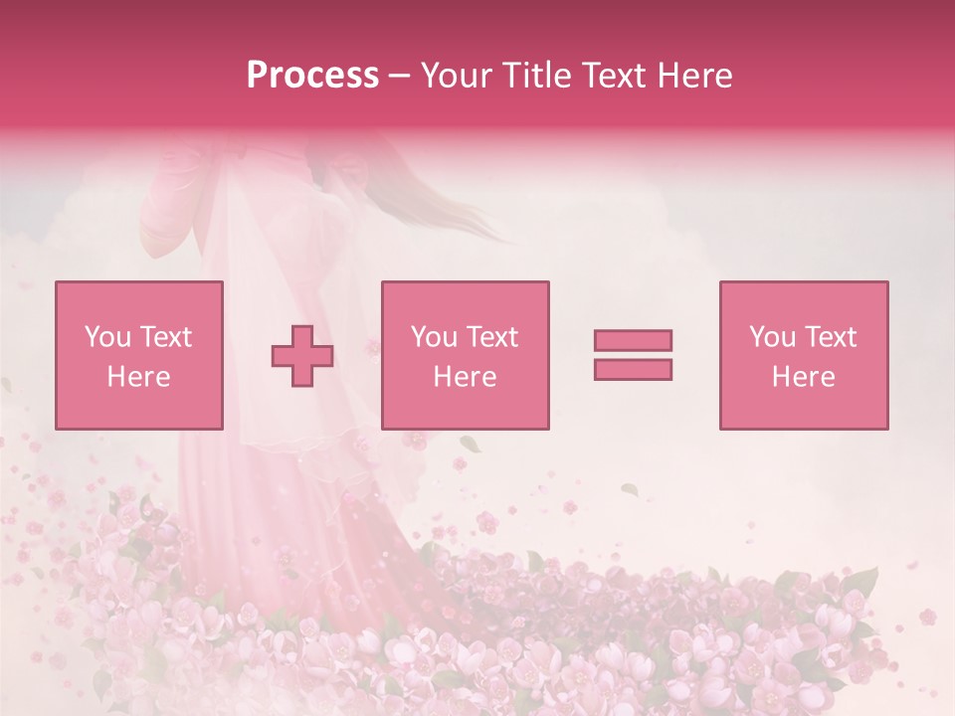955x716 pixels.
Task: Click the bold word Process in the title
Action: [312, 75]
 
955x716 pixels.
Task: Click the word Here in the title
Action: [693, 75]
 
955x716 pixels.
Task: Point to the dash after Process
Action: [400, 76]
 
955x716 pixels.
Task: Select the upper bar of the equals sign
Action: [633, 340]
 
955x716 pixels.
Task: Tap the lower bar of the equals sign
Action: [633, 369]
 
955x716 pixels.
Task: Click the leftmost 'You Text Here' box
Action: [139, 355]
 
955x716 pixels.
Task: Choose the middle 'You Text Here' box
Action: [466, 355]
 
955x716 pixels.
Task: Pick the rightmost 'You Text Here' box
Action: [804, 355]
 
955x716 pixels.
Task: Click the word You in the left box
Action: [105, 337]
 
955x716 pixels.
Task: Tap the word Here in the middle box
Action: [466, 377]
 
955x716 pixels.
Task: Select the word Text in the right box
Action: [832, 337]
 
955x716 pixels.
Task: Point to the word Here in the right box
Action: [804, 377]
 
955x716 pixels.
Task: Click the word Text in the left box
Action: [166, 337]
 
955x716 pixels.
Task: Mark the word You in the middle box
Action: [433, 337]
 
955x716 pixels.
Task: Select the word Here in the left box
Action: [139, 377]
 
